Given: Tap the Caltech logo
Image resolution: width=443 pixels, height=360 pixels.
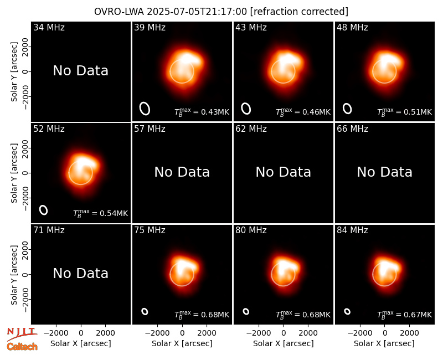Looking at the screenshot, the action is (22, 347).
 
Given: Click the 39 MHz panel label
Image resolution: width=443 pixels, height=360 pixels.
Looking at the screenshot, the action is (150, 27).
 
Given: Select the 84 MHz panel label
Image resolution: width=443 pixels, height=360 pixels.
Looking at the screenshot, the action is (352, 230).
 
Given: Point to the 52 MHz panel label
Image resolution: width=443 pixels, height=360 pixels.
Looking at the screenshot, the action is (49, 129).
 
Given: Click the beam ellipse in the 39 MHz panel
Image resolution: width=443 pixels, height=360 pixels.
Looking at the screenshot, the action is (145, 109).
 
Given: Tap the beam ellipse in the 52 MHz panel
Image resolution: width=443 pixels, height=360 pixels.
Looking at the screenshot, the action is (44, 210).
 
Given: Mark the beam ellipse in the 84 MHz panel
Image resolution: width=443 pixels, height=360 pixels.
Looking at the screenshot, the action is (347, 311).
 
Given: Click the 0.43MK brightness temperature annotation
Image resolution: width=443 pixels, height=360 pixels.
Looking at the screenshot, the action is (202, 112).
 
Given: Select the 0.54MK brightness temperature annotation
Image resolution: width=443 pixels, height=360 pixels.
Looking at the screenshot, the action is (101, 213).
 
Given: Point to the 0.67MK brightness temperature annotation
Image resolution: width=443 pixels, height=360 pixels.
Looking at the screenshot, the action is (405, 315).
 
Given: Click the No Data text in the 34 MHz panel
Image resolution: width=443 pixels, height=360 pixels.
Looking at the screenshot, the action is (80, 71).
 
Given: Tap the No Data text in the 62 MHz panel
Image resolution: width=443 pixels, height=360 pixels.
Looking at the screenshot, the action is (284, 172).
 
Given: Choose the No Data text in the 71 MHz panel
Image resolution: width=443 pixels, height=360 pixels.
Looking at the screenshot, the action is (80, 274).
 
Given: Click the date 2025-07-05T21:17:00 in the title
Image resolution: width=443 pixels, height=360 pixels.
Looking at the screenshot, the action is (197, 12).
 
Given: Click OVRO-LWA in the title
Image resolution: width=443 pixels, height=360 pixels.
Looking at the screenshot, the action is (119, 12).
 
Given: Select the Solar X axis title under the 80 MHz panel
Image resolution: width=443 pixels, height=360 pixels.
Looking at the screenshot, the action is (284, 343).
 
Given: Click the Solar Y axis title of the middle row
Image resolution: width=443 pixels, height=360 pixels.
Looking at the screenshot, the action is (14, 173).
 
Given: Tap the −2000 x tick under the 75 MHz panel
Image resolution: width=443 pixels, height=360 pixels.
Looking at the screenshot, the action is (157, 333).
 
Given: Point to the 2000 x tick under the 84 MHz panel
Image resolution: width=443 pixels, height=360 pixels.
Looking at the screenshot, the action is (409, 333).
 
